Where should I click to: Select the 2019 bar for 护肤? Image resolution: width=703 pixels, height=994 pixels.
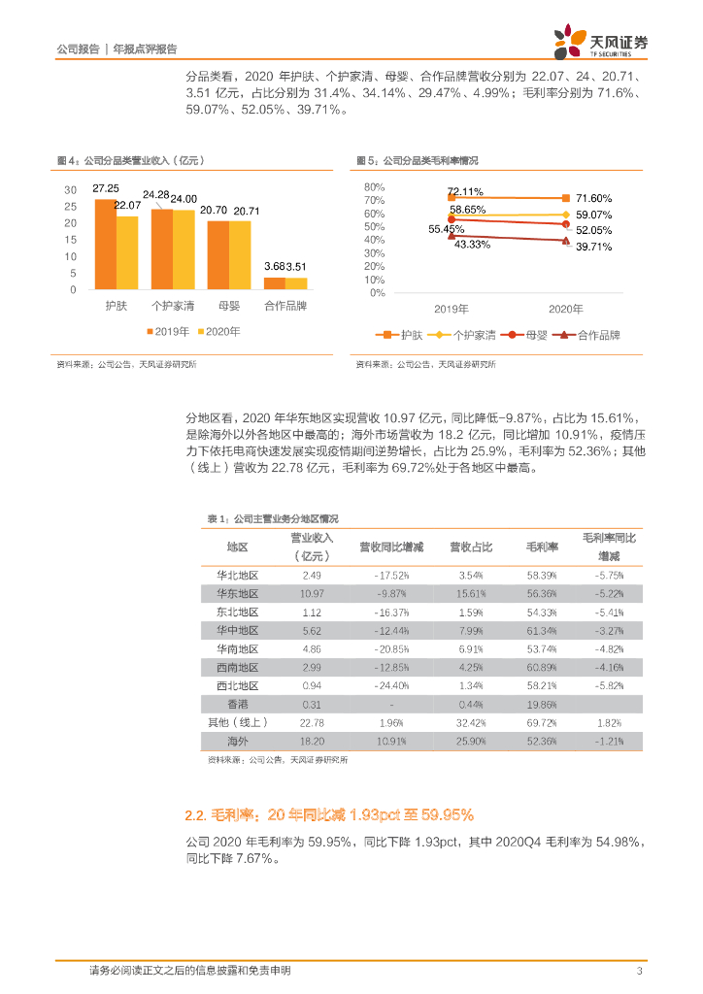pyautogui.click(x=105, y=244)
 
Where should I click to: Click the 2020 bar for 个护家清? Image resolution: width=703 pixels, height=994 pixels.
pyautogui.click(x=184, y=249)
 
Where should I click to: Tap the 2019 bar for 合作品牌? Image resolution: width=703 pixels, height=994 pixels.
pyautogui.click(x=275, y=283)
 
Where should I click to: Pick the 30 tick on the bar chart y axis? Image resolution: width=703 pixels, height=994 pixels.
pyautogui.click(x=70, y=189)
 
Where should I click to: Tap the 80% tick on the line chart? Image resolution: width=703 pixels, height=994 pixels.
pyautogui.click(x=375, y=186)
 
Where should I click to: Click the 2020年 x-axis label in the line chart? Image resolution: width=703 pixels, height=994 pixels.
pyautogui.click(x=565, y=309)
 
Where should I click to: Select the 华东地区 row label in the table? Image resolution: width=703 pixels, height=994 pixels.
pyautogui.click(x=237, y=593)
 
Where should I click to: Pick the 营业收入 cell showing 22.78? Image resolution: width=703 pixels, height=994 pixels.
pyautogui.click(x=312, y=722)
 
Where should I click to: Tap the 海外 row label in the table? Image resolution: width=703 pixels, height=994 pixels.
pyautogui.click(x=237, y=741)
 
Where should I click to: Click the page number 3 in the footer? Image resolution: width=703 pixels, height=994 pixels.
pyautogui.click(x=639, y=971)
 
